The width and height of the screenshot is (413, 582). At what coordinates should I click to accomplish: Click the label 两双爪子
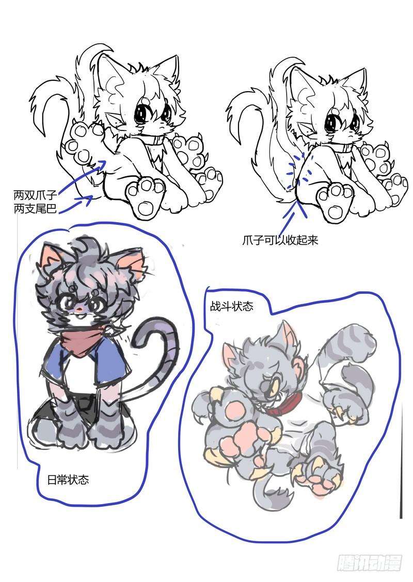pos(35,194)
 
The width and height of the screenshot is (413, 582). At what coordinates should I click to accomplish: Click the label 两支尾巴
pos(35,209)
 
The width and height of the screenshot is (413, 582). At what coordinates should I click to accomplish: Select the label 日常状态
pos(68,479)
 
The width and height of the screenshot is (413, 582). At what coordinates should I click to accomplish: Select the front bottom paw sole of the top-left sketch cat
pos(146,197)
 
